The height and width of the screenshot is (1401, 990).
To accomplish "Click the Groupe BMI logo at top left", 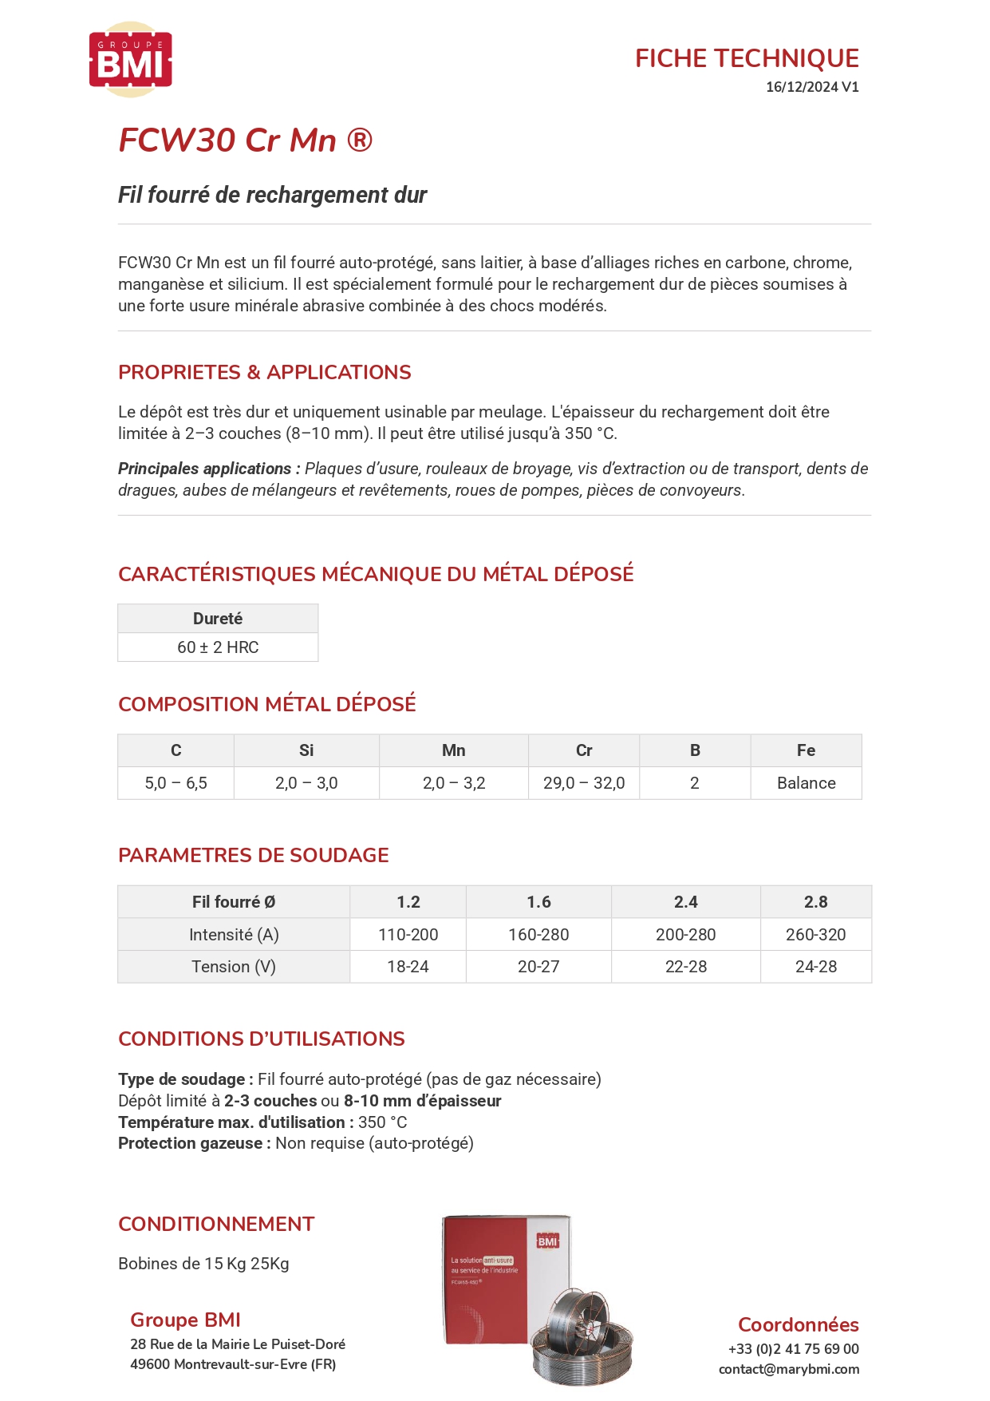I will tap(131, 61).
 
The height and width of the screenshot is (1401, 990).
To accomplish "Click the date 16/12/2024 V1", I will tap(811, 87).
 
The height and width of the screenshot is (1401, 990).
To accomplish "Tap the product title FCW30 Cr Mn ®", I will tap(245, 140).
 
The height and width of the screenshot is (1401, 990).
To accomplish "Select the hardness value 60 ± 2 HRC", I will tap(218, 647).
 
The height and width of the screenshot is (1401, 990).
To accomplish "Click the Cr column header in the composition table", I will tap(584, 750).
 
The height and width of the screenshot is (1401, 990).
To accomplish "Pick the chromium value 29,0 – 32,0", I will tap(584, 783).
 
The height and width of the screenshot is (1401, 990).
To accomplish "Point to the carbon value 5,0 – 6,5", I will tap(176, 783).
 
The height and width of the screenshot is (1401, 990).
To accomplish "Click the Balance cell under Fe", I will tap(806, 783).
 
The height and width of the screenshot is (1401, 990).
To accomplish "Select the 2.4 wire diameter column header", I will tap(685, 902).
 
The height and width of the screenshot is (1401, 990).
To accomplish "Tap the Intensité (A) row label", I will tap(234, 935).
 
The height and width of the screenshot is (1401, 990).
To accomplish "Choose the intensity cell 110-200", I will tap(408, 935).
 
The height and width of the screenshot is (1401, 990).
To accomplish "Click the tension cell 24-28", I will tap(815, 967).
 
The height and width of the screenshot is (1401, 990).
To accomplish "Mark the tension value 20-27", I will tap(538, 967).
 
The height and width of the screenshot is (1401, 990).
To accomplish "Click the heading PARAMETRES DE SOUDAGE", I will tap(253, 855).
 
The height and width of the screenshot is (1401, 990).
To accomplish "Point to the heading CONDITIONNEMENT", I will tap(216, 1224).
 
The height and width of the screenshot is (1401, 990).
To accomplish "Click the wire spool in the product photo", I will tap(582, 1333).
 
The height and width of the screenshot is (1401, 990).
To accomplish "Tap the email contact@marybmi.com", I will tap(788, 1369).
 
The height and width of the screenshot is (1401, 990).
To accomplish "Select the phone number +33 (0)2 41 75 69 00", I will tap(793, 1349).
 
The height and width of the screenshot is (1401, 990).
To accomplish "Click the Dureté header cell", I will tap(218, 619).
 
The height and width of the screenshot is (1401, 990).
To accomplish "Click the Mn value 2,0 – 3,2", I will tap(454, 783).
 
